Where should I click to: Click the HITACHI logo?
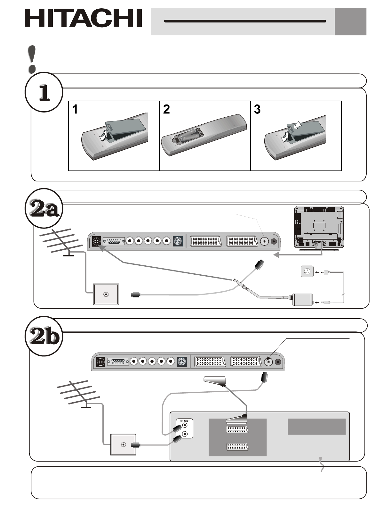(83, 18)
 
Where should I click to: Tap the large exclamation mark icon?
(32, 59)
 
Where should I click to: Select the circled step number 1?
(44, 92)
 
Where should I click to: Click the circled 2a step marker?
(44, 208)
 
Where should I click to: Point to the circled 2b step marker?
(44, 336)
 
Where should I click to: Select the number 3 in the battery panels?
(257, 109)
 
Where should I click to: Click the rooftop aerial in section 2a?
(61, 242)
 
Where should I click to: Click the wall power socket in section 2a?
(307, 271)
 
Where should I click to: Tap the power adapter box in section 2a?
(303, 299)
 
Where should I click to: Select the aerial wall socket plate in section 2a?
(106, 294)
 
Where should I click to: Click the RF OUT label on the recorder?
(185, 421)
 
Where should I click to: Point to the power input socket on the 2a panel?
(96, 241)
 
